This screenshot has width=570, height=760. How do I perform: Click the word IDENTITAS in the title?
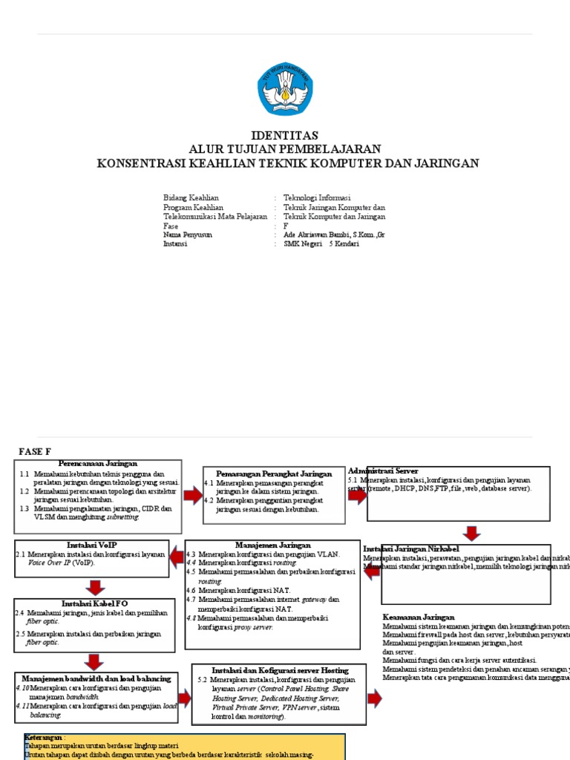point(285,136)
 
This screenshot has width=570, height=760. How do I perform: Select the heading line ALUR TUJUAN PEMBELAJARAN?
point(285,149)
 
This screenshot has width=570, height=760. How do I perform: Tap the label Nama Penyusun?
point(188,235)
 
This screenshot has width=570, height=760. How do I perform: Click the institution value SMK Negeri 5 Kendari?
point(321,243)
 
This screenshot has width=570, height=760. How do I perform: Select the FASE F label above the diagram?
point(35,451)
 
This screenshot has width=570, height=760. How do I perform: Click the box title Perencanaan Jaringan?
point(98,463)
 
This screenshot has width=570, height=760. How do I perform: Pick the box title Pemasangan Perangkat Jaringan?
point(274,474)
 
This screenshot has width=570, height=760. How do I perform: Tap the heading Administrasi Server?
point(383,471)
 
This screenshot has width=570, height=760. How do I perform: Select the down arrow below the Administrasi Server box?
point(471,533)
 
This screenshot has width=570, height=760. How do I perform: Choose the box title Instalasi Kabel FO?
point(95,604)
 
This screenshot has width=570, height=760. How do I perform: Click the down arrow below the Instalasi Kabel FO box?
point(95,661)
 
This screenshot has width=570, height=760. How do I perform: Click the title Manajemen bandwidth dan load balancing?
point(96,678)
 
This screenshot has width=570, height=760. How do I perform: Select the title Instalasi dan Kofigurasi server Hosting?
point(280,670)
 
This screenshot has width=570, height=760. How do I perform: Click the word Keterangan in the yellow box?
point(43,739)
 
